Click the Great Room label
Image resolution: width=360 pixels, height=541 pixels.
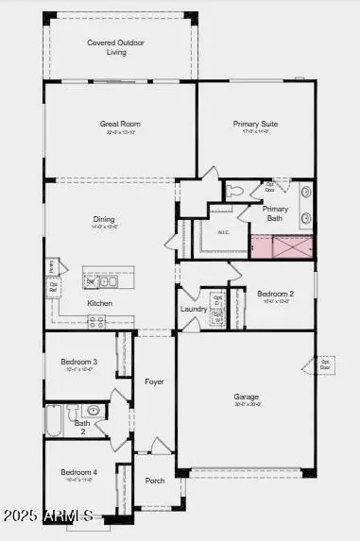(x=120, y=124)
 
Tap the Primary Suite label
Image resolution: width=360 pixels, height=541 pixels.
(x=255, y=124)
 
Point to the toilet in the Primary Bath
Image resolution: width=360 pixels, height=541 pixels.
(x=232, y=192)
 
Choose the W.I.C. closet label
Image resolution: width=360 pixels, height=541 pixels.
(x=223, y=232)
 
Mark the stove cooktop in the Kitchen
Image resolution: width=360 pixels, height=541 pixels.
(x=96, y=321)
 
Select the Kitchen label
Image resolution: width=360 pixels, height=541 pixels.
(x=100, y=303)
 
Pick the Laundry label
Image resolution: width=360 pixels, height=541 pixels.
(x=194, y=309)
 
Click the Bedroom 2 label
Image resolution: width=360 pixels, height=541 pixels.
(x=276, y=294)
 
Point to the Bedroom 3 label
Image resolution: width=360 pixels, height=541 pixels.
(x=79, y=362)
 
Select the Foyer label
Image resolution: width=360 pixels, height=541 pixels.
(x=154, y=381)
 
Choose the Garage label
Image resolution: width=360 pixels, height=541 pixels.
(x=247, y=397)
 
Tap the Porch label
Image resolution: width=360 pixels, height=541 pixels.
(x=155, y=481)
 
